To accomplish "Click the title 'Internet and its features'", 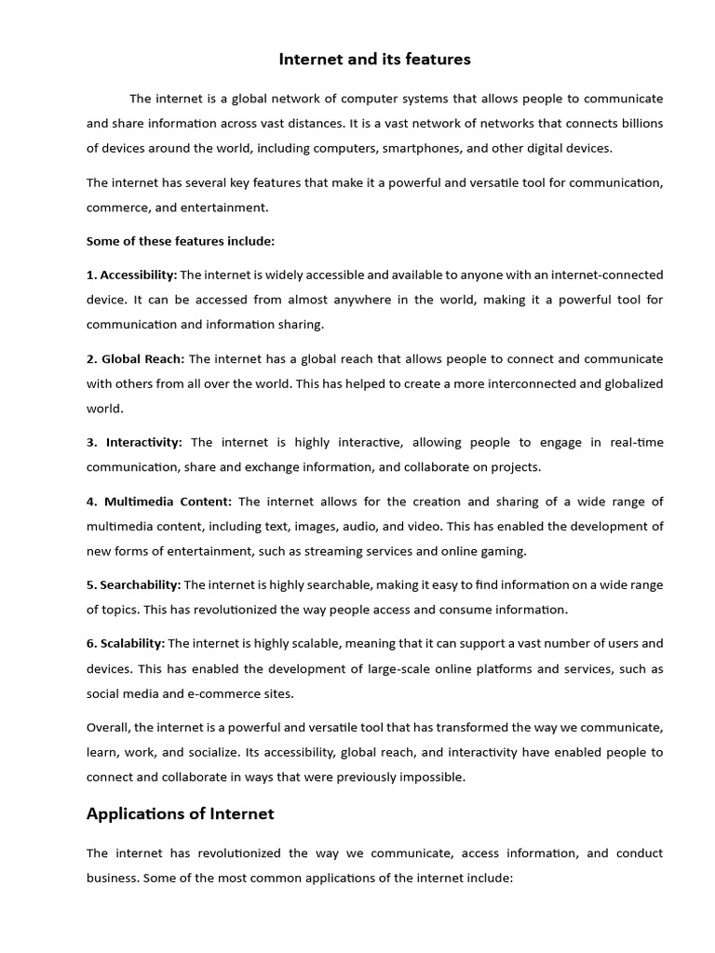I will click(x=375, y=60).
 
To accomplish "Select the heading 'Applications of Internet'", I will click(x=180, y=813).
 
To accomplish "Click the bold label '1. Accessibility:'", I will click(x=131, y=275).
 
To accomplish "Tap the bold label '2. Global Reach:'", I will click(x=136, y=358).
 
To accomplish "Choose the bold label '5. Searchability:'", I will click(x=134, y=584).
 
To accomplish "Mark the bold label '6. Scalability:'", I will click(x=126, y=642).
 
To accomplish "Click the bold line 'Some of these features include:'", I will click(x=181, y=240).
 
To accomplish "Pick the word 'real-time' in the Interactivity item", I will click(x=637, y=442).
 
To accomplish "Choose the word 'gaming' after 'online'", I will click(x=504, y=551).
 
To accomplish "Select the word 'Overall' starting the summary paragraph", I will click(x=109, y=727).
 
